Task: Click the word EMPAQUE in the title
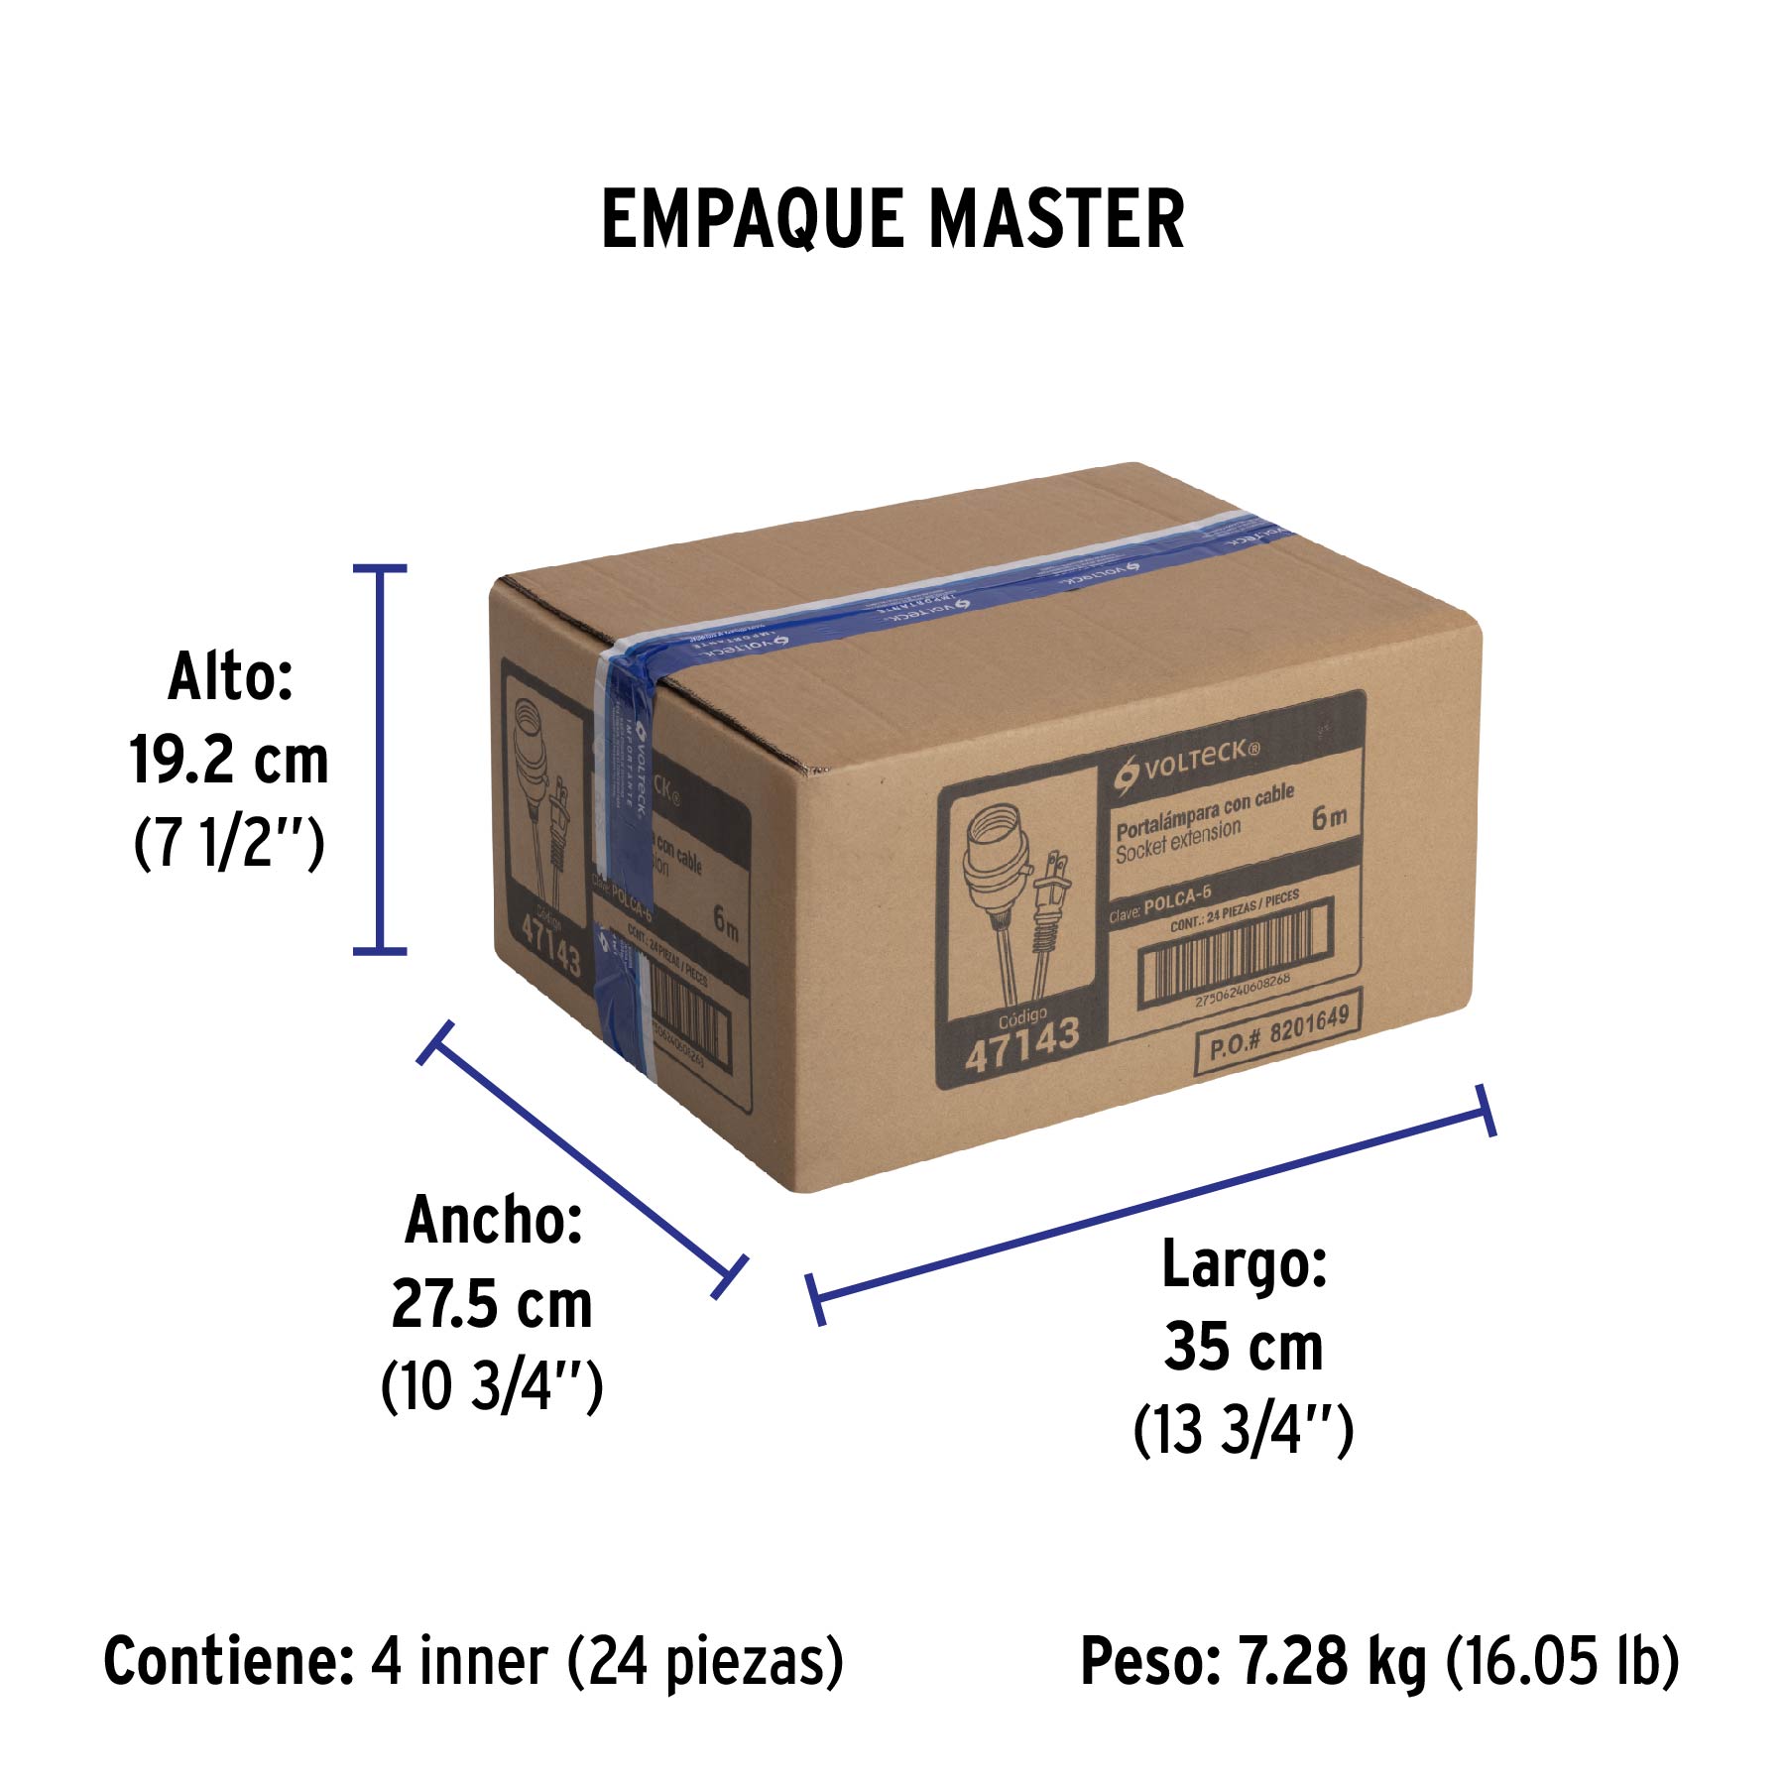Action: coord(752,219)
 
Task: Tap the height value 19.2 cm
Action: coord(229,762)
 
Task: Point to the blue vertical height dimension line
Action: coord(380,760)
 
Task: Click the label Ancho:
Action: coord(493,1221)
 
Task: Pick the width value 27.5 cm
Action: coord(492,1304)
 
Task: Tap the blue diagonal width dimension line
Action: coord(582,1158)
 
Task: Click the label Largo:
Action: coord(1244,1264)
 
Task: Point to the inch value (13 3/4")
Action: coord(1244,1430)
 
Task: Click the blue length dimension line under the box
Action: coord(1150,1206)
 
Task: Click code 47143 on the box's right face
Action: coord(1021,1043)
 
